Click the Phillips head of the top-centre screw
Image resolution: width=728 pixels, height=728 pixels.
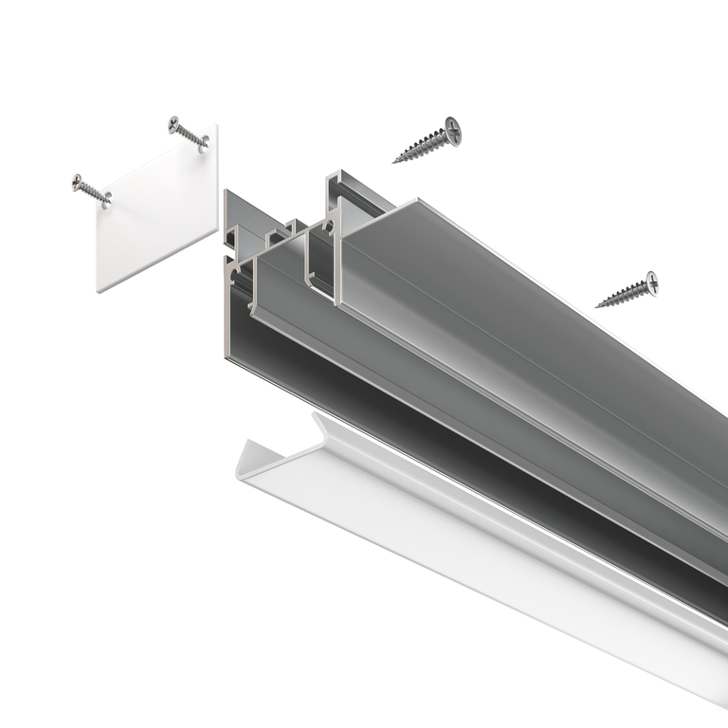(453, 132)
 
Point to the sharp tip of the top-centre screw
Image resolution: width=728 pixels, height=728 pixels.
(394, 160)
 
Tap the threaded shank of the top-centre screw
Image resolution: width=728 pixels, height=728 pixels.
(422, 147)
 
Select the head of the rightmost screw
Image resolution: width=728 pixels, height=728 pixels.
(651, 282)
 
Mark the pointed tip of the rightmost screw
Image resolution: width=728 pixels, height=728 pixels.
(597, 306)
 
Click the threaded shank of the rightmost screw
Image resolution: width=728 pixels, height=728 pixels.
(623, 295)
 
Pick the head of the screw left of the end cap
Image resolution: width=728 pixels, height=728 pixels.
(78, 181)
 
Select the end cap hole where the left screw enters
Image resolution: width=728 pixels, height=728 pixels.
(107, 199)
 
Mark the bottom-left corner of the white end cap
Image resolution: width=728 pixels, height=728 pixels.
(99, 291)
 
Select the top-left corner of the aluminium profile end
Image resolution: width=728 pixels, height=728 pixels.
(226, 192)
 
